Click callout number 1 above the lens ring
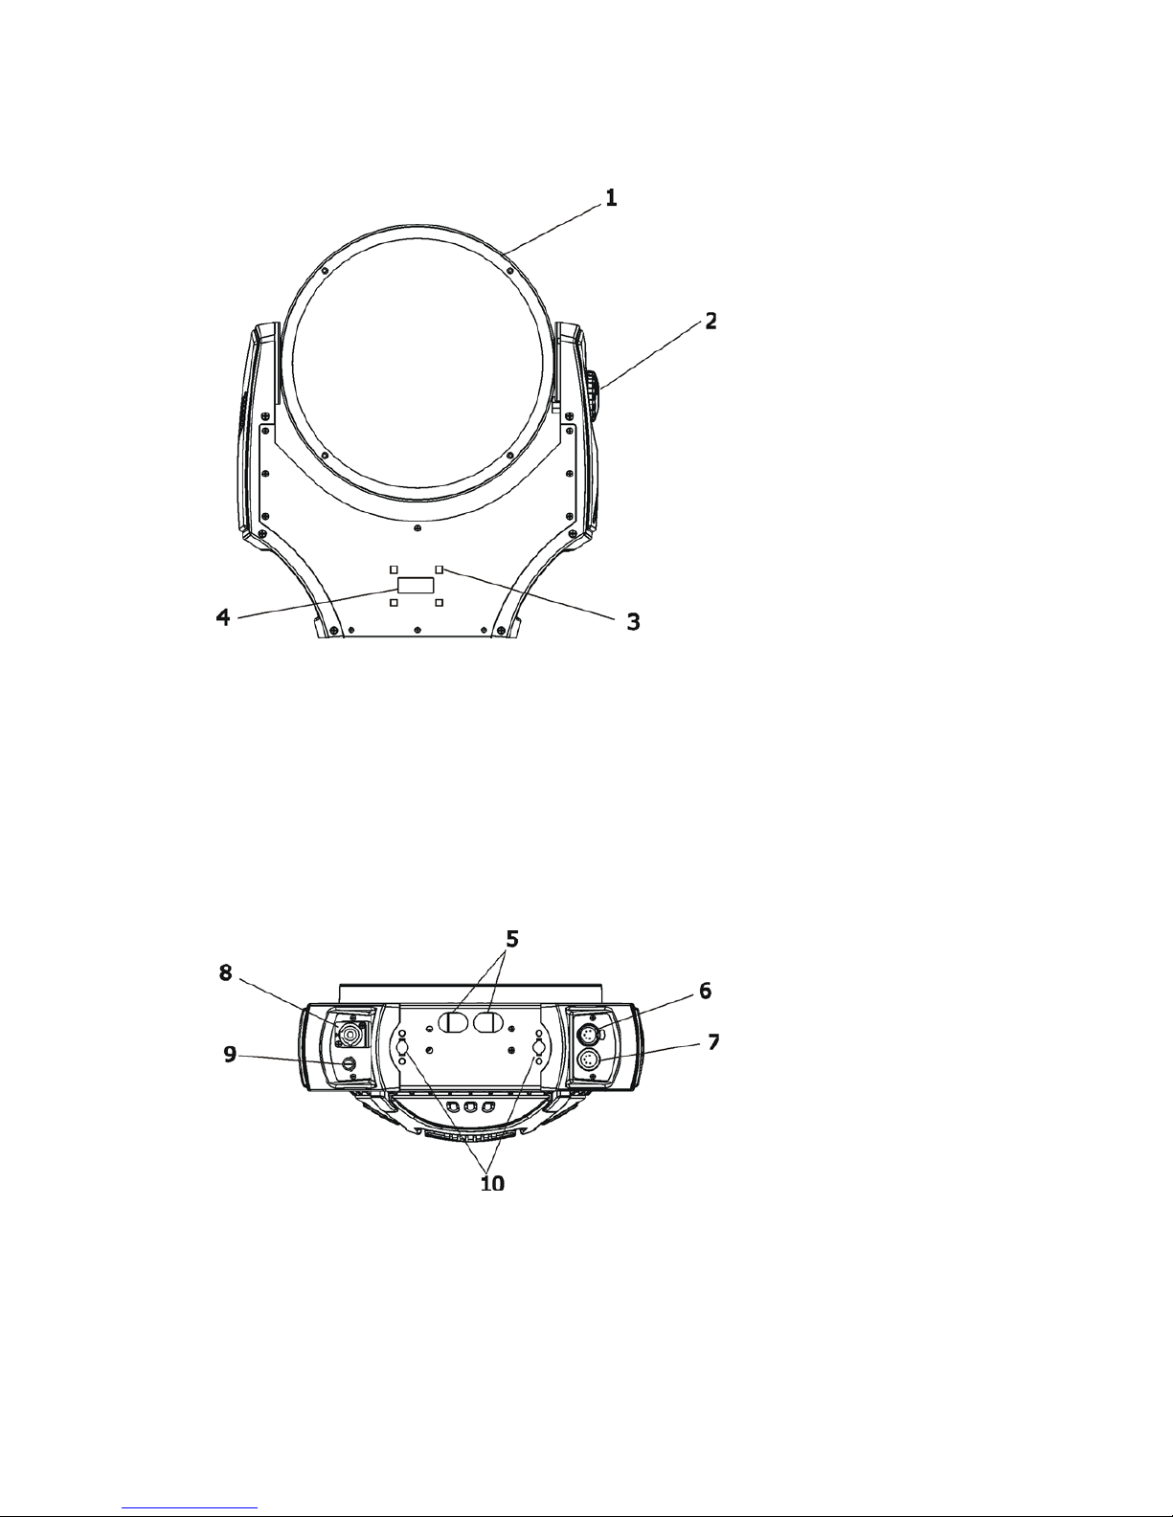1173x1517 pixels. point(611,198)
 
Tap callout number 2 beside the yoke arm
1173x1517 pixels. point(711,322)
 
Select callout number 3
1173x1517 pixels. point(633,621)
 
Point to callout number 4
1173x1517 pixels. point(223,617)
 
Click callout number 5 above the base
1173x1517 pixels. point(512,940)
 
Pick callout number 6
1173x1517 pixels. point(705,991)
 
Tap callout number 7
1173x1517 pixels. point(712,1042)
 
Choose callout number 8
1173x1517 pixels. point(225,972)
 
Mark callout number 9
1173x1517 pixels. point(230,1054)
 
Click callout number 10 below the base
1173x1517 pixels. point(492,1183)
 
